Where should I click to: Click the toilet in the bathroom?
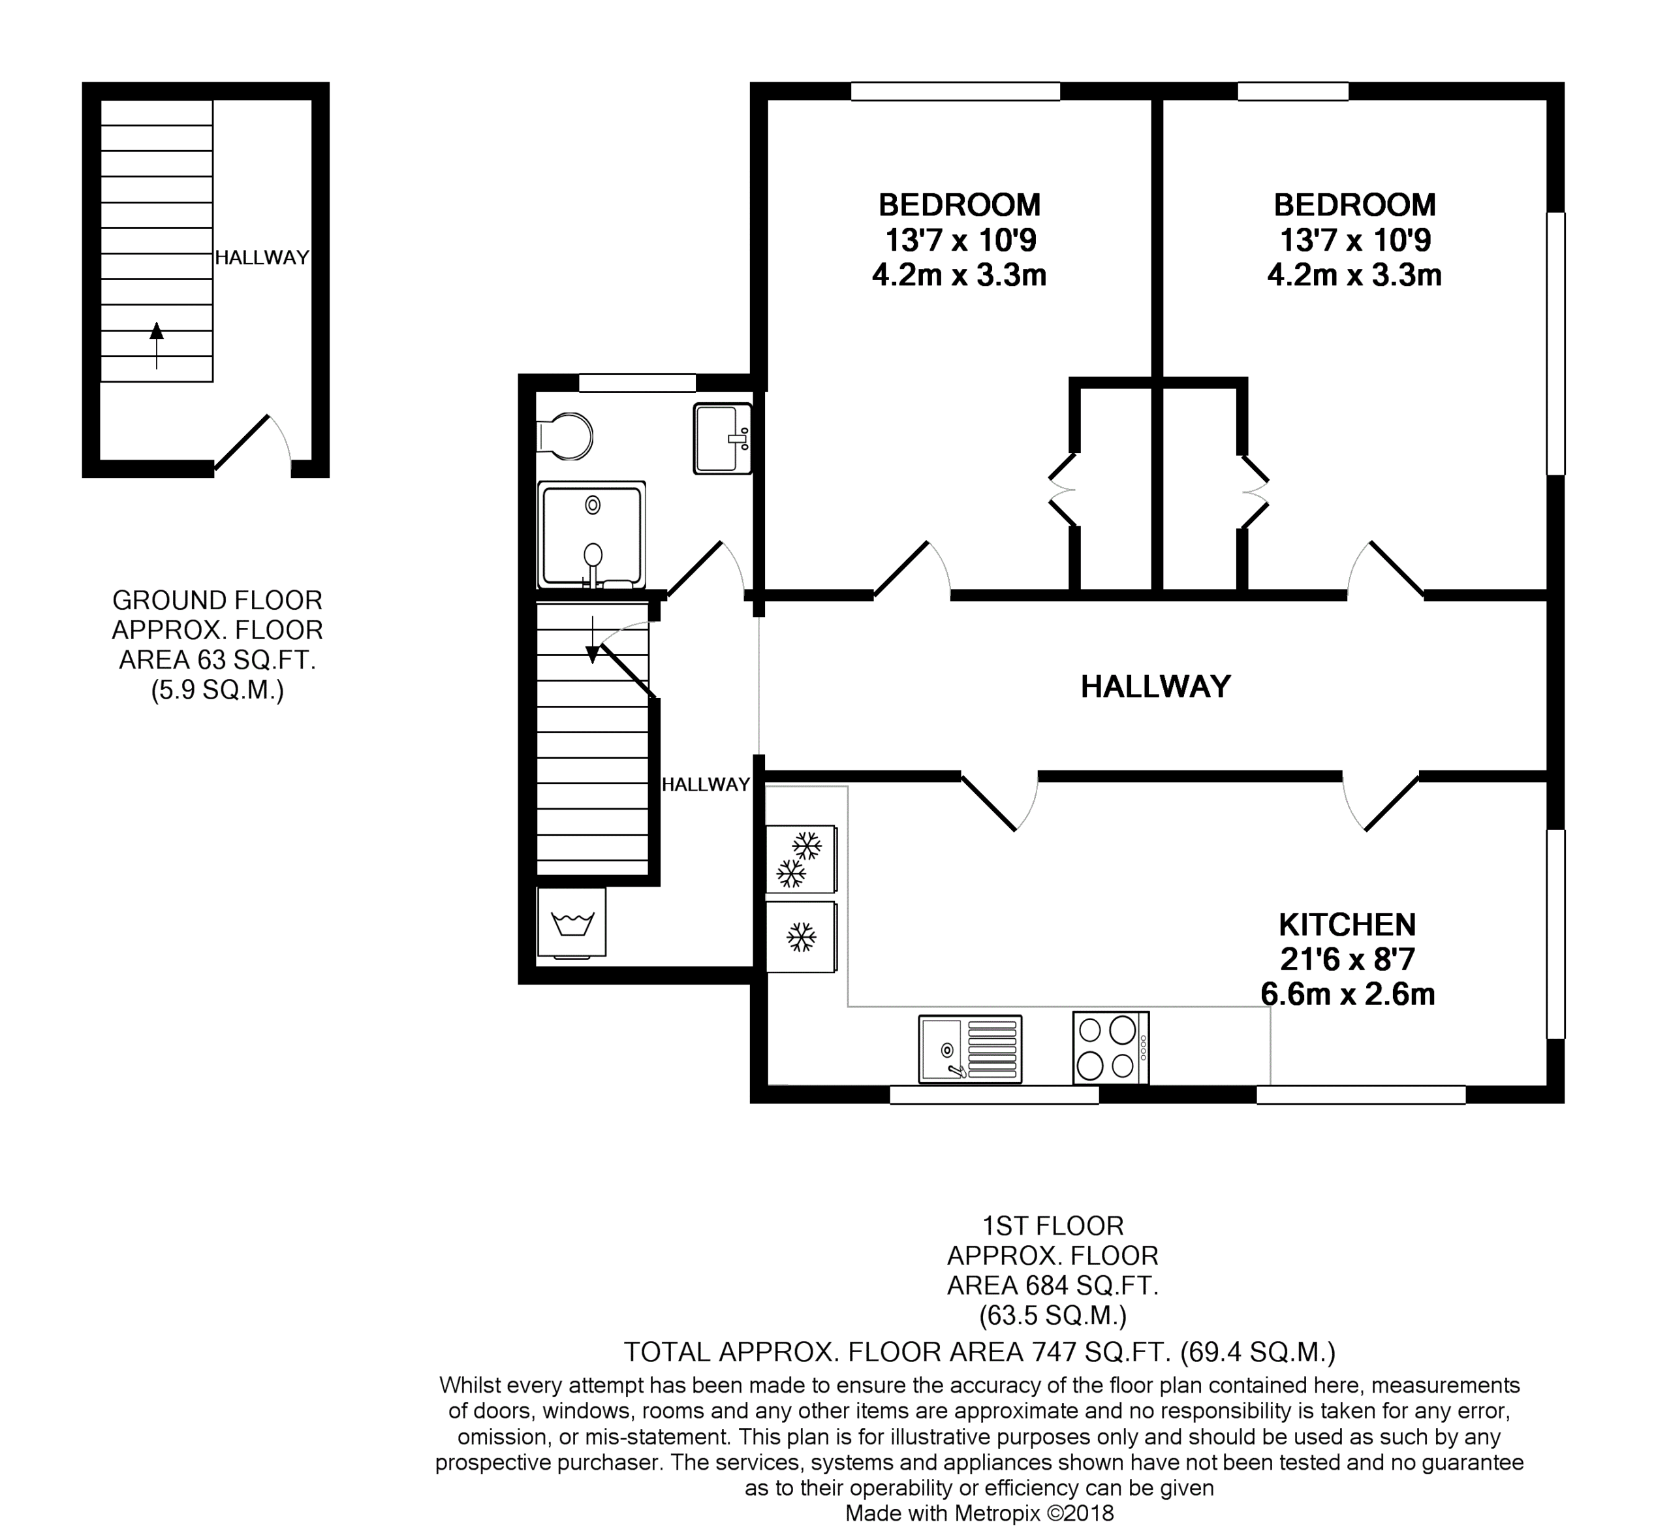point(565,435)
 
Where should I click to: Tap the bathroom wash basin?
point(723,439)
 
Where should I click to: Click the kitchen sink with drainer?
point(970,1049)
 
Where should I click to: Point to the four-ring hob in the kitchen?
point(1111,1047)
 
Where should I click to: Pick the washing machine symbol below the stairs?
point(571,922)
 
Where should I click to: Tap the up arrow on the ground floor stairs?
point(156,345)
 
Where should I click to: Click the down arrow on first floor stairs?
point(592,641)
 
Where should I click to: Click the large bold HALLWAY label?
point(1155,687)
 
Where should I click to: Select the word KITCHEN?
point(1347,924)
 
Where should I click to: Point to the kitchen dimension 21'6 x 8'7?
point(1347,959)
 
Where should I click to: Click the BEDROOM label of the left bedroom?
point(960,204)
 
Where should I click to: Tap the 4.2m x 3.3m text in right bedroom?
point(1354,275)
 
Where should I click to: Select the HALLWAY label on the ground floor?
point(262,257)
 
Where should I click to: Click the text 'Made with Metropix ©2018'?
point(979,1513)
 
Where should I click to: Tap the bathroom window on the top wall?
point(637,382)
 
